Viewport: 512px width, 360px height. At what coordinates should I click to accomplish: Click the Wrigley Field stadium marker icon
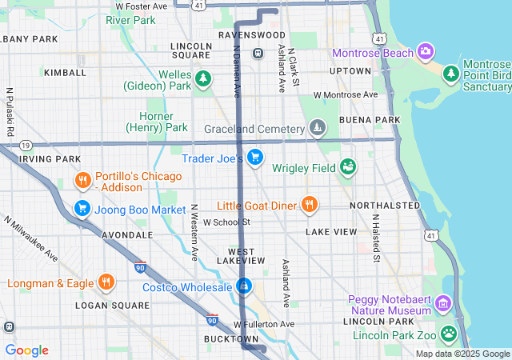coord(347,166)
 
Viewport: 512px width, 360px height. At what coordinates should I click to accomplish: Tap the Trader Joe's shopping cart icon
coord(255,157)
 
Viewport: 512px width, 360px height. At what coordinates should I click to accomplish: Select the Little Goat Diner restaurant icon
coord(309,204)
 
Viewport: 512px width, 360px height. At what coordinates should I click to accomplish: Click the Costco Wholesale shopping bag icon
coord(244,286)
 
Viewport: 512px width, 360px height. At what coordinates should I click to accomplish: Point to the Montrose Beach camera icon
coord(426,53)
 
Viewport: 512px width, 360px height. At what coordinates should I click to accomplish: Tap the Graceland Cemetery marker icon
coord(318,128)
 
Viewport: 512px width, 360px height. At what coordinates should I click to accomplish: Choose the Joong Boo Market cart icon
coord(82,209)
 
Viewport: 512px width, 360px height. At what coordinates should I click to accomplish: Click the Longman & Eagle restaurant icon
coord(106,282)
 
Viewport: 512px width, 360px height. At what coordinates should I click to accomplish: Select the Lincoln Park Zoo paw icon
coord(450,332)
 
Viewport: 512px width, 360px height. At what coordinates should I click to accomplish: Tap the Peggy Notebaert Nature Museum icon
coord(443,304)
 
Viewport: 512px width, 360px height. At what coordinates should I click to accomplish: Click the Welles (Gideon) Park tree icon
coord(204,78)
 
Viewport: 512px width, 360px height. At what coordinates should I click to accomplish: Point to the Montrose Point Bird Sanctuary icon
coord(451,73)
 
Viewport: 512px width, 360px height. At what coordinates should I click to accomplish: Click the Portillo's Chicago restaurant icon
coord(82,180)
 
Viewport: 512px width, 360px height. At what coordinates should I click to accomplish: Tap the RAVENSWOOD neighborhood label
coord(252,36)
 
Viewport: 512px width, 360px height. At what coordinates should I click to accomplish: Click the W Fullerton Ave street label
coord(264,324)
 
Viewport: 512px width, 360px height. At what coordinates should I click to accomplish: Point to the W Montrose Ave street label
coord(345,94)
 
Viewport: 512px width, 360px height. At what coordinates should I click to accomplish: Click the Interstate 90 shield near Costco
coord(211,319)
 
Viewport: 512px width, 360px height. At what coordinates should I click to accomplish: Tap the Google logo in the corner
coord(26,350)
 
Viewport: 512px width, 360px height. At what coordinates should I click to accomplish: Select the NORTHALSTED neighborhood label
coord(385,206)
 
